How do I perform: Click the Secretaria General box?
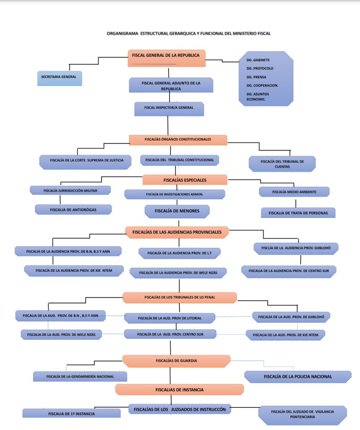pos(60,79)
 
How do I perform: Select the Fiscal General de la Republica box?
pos(166,58)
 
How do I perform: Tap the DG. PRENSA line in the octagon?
pos(256,77)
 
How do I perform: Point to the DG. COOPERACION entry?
pos(262,86)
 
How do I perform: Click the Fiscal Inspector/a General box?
pos(169,109)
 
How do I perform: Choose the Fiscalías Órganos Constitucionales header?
pos(178,140)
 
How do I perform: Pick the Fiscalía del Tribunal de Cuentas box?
pos(282,164)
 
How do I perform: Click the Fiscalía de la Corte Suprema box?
pos(85,162)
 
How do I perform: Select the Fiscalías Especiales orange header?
pos(185,180)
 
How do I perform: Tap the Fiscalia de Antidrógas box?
pos(73,210)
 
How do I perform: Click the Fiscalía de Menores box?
pos(177,212)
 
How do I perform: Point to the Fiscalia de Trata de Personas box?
pos(298,213)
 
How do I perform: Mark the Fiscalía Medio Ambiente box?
pos(294,191)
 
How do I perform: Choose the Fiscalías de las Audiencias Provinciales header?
pos(177,232)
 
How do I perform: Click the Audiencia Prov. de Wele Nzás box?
pos(178,273)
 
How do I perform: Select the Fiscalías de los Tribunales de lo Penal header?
pos(180,298)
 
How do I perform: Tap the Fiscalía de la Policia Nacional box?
pos(298,377)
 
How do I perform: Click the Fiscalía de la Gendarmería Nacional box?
pos(80,377)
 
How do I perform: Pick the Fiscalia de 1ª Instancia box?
pos(71,413)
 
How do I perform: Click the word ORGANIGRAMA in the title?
pos(122,34)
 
